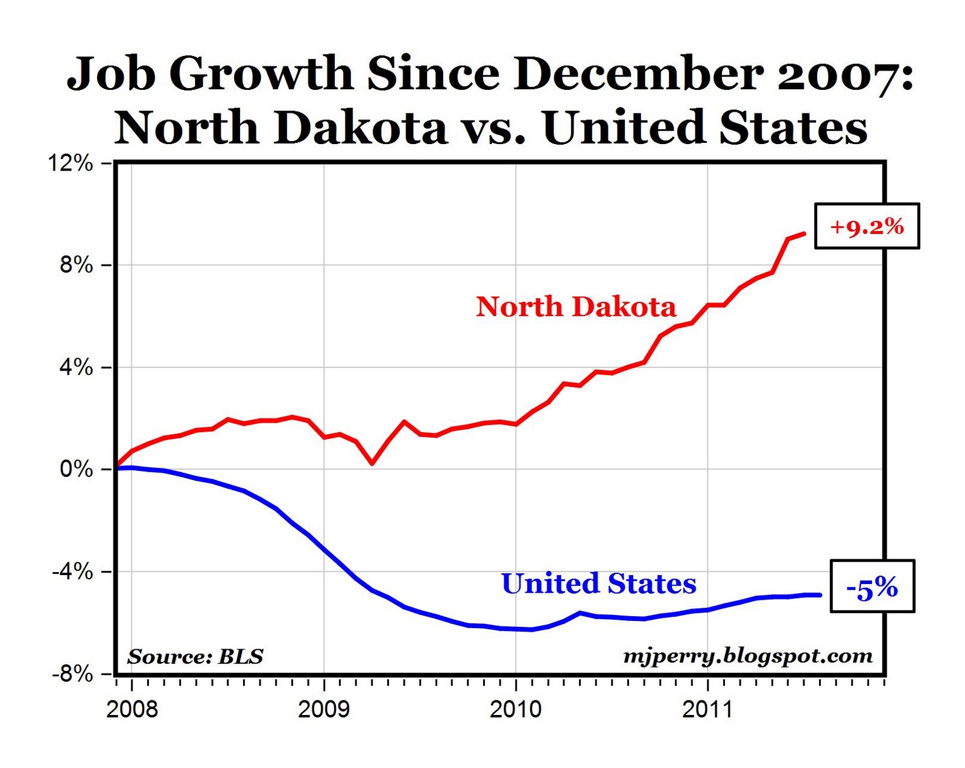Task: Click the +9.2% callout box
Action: pyautogui.click(x=867, y=226)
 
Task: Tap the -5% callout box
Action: pyautogui.click(x=872, y=587)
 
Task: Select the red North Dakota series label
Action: pyautogui.click(x=576, y=306)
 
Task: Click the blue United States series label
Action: pyautogui.click(x=598, y=583)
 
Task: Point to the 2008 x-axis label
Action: pyautogui.click(x=132, y=709)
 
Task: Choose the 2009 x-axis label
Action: pyautogui.click(x=324, y=709)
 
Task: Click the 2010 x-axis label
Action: pyautogui.click(x=516, y=709)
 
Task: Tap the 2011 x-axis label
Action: pyautogui.click(x=707, y=709)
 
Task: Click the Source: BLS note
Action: pyautogui.click(x=195, y=656)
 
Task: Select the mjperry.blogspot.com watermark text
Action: pyautogui.click(x=748, y=656)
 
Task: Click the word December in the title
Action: pyautogui.click(x=639, y=74)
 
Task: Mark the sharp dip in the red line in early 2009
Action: pyautogui.click(x=372, y=463)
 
